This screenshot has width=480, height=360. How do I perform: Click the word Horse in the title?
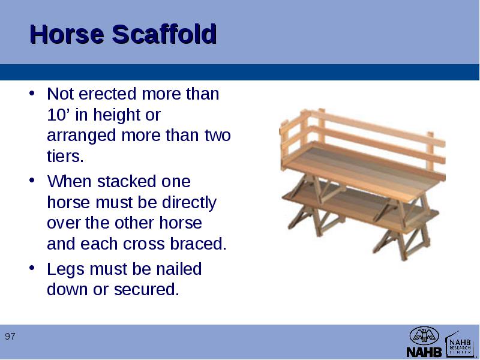click(67, 34)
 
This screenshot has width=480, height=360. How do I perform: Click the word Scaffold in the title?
click(164, 34)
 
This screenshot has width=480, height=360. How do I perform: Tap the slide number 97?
click(10, 337)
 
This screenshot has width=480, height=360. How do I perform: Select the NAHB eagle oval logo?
click(424, 335)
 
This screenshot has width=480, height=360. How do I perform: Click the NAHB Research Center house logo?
click(460, 344)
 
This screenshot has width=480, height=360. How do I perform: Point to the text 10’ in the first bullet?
click(59, 115)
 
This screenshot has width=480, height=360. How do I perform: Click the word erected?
click(108, 94)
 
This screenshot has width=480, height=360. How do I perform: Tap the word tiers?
click(65, 156)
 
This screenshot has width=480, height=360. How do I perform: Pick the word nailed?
click(179, 269)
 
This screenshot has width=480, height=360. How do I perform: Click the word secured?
click(146, 289)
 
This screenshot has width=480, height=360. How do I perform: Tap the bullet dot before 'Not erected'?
click(32, 93)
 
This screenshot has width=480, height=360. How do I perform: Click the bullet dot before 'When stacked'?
click(32, 181)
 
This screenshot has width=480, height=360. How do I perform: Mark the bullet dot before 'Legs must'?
click(32, 268)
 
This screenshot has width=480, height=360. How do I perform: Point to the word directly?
click(189, 203)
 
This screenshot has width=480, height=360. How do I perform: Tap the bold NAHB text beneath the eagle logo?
click(424, 352)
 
